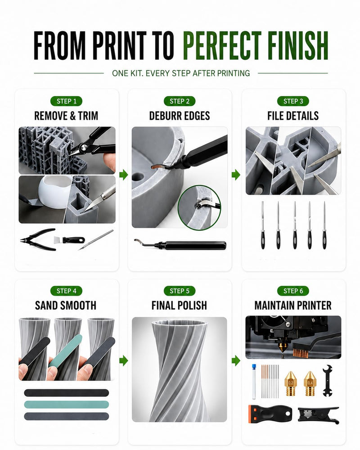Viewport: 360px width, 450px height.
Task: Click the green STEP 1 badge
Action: (x=66, y=101)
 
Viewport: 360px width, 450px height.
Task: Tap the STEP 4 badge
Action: (x=66, y=291)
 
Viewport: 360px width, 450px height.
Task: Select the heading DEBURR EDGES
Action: (x=180, y=116)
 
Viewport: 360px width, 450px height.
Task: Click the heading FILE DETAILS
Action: (x=293, y=116)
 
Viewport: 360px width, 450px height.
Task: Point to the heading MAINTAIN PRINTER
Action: (x=293, y=306)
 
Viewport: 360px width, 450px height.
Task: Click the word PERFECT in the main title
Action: (x=222, y=45)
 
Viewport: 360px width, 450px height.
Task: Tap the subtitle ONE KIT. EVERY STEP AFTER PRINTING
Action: (x=181, y=73)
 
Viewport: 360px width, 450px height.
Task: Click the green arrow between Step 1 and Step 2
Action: (x=123, y=174)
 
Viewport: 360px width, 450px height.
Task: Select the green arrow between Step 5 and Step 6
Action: (x=236, y=360)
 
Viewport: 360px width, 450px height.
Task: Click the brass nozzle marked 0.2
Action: (x=291, y=383)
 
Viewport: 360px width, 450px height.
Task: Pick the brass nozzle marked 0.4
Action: (x=310, y=383)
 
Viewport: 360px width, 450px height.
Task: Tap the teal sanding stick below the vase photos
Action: (x=66, y=405)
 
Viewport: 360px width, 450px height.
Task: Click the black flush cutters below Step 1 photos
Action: (x=38, y=239)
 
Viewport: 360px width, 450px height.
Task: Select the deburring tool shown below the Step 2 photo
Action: (x=180, y=245)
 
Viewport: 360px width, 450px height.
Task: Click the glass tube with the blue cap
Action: (x=254, y=382)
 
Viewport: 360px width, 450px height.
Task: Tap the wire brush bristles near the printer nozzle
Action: (x=300, y=353)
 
